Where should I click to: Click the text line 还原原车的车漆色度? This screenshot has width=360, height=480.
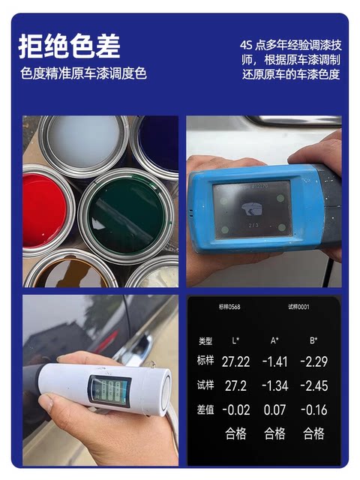pos(291,74)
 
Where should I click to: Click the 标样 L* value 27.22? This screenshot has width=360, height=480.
pos(233,361)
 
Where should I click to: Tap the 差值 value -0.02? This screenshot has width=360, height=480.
pos(233,409)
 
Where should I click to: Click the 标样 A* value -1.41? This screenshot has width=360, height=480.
pos(274,361)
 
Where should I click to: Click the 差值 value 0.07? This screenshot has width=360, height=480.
pos(274,409)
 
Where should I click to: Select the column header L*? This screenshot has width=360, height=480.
pos(234,340)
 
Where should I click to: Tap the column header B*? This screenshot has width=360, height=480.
pos(315,340)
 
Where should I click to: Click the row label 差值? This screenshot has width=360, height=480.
pos(205,409)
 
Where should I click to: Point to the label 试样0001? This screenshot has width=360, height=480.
pos(298,307)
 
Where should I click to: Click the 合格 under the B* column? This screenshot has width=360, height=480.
pos(313,433)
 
